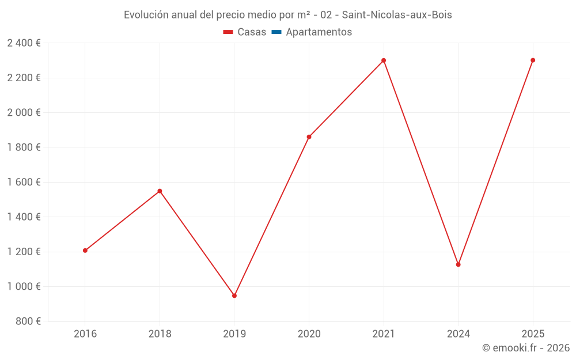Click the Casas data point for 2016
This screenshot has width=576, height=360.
(85, 251)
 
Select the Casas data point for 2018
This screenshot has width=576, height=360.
(160, 191)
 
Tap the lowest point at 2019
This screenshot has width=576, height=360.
(234, 295)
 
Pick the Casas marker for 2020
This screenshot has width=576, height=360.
(309, 137)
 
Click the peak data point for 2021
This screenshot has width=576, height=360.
(384, 60)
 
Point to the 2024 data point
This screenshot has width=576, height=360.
(458, 264)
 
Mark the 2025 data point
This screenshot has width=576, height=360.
(533, 60)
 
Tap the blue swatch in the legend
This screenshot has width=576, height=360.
(276, 32)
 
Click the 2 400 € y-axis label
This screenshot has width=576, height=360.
(24, 43)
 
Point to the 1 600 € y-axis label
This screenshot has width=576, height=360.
(24, 182)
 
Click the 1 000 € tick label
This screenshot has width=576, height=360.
(24, 286)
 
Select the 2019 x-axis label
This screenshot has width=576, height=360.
(234, 334)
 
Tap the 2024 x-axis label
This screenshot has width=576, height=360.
(458, 334)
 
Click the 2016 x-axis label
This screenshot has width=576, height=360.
(85, 334)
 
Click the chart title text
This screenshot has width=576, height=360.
(288, 15)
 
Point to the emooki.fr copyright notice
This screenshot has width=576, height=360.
(525, 348)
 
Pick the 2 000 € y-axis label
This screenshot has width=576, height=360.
(24, 113)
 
